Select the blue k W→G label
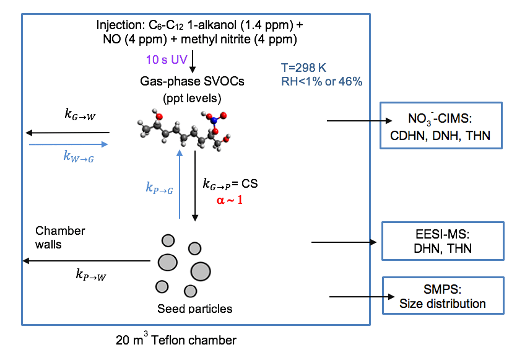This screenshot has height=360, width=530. (80, 157)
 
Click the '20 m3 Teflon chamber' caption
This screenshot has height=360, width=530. (176, 340)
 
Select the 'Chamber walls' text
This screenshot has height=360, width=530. (60, 237)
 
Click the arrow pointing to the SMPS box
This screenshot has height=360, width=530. (354, 297)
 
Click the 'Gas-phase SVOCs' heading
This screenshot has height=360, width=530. (192, 81)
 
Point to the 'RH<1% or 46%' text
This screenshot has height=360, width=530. (321, 81)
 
